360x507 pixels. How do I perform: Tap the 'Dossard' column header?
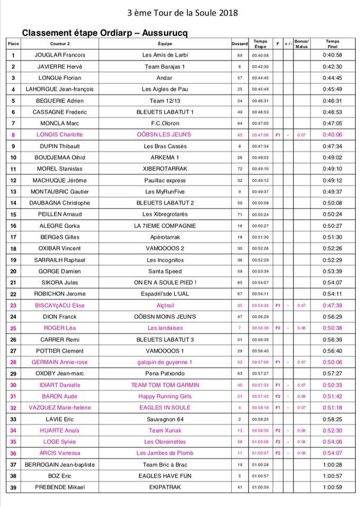coord(240,43)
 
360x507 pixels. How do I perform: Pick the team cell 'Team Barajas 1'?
coord(165,67)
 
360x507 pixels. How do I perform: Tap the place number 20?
coord(13,271)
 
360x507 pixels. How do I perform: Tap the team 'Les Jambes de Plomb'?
coord(165,453)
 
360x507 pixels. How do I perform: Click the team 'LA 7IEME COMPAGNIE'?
coord(165,226)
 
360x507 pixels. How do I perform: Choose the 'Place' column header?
coord(13,43)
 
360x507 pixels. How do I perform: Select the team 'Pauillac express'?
coord(165,180)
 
